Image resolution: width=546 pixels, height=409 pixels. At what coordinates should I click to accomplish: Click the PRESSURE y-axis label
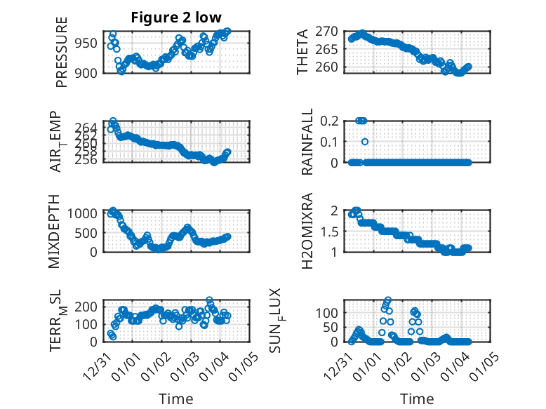pos(62,57)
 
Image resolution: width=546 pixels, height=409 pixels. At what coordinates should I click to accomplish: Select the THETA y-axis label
pos(302,51)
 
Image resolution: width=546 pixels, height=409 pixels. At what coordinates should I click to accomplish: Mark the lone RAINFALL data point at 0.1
pos(365,142)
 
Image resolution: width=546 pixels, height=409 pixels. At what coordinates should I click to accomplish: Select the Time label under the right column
pos(417,399)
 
